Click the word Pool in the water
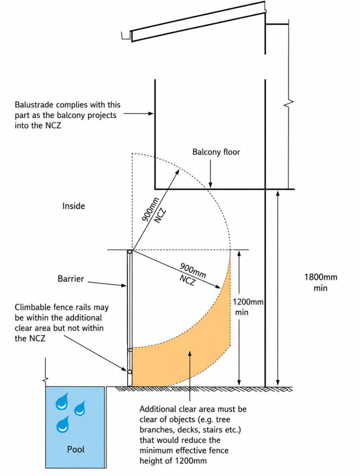[76, 449]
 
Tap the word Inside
[73, 206]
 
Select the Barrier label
[71, 279]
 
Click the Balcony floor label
[216, 152]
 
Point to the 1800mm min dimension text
[321, 282]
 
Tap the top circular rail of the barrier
[130, 252]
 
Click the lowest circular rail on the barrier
[130, 372]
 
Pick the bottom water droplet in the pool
[63, 424]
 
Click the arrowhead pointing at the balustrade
[151, 114]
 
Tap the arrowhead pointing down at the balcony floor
[210, 185]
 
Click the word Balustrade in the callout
[34, 105]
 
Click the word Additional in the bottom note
[158, 409]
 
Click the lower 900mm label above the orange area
[193, 271]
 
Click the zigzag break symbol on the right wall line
[289, 103]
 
